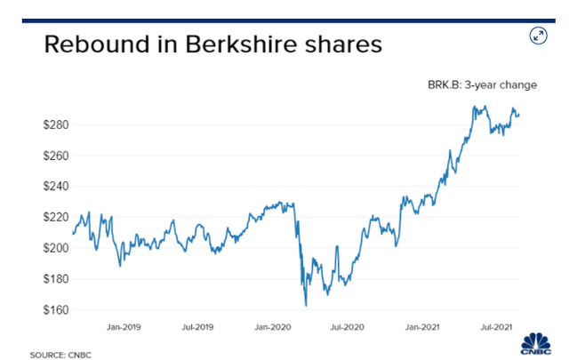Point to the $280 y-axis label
coord(56,124)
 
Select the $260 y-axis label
coord(56,156)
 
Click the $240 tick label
coord(56,187)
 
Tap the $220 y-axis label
coord(56,217)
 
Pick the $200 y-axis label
coord(56,248)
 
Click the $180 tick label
coord(56,279)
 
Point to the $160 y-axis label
coord(56,310)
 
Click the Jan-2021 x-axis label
coord(426,328)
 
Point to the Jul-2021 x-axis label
coord(498,328)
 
